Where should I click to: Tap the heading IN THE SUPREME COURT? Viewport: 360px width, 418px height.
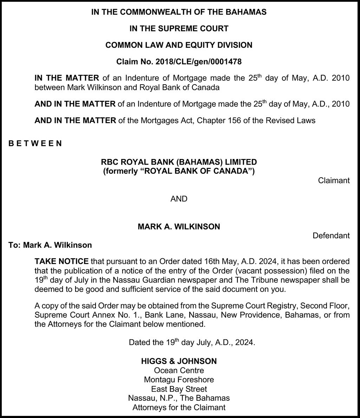[x=179, y=28]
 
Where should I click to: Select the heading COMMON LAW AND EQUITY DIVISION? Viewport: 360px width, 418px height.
[x=179, y=45]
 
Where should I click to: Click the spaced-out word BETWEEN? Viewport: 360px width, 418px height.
[x=35, y=143]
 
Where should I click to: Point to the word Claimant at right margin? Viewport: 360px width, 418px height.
[x=334, y=180]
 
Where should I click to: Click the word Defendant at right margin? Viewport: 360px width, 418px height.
[x=331, y=235]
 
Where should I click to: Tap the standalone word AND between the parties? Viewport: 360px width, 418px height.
[x=179, y=199]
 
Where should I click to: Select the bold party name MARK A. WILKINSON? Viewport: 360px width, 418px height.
[x=179, y=226]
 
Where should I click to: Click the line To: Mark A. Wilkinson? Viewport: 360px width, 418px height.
[x=50, y=245]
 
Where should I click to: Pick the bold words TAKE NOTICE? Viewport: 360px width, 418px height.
[x=61, y=261]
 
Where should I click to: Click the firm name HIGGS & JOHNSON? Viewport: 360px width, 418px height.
[x=179, y=361]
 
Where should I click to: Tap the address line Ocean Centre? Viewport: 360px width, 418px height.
[x=179, y=370]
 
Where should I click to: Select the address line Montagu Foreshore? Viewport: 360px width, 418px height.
[x=179, y=379]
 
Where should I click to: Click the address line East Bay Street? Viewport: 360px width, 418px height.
[x=179, y=389]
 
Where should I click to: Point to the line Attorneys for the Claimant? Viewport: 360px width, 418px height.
[x=179, y=407]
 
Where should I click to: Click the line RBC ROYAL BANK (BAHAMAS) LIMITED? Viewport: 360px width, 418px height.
[x=179, y=162]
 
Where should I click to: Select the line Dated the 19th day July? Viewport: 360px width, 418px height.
[x=192, y=342]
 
